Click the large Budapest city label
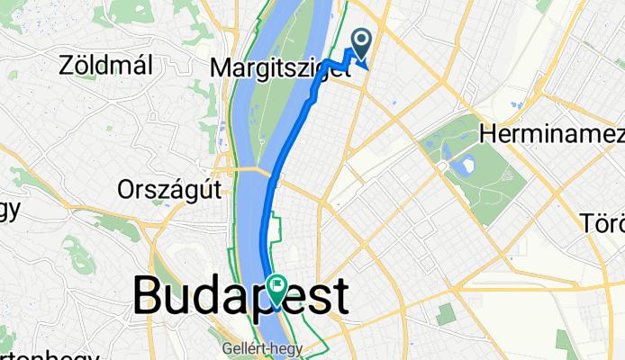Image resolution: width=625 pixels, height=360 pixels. pyautogui.click(x=240, y=296)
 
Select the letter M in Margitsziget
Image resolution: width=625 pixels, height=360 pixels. pyautogui.click(x=220, y=68)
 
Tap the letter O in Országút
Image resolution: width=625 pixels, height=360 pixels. pyautogui.click(x=127, y=189)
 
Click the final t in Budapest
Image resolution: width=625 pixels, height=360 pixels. pyautogui.click(x=339, y=296)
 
